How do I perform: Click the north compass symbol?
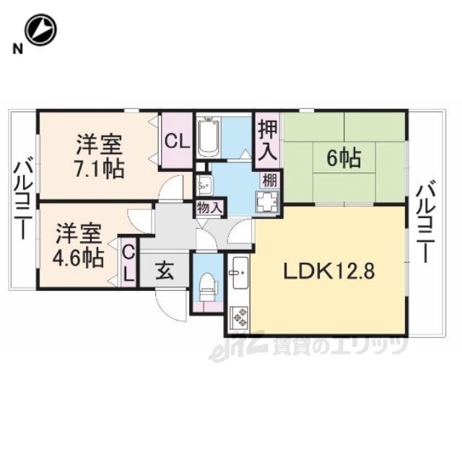coord(40,30)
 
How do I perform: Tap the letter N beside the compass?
coord(18,48)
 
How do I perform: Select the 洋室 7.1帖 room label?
coord(100,156)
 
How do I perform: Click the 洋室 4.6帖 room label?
coord(79,245)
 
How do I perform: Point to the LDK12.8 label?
coord(329,271)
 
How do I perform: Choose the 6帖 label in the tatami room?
coord(344,158)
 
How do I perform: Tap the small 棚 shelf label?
coord(269,180)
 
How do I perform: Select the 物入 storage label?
coord(209,208)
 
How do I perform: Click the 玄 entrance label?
coord(165,271)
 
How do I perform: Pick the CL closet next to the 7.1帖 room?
coord(177,141)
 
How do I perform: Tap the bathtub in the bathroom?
coord(209,138)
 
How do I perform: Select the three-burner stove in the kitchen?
coord(239,316)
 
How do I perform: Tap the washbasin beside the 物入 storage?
coord(204,186)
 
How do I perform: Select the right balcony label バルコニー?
coord(426,223)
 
